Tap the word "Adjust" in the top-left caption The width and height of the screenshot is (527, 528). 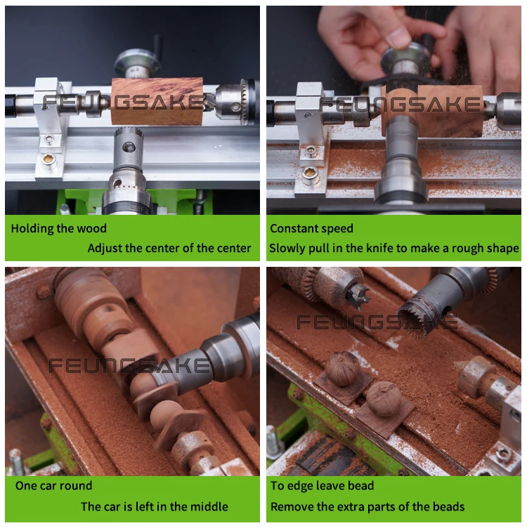point(105,249)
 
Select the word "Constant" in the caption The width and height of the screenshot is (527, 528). point(293,228)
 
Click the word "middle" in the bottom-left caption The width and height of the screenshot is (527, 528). point(211,506)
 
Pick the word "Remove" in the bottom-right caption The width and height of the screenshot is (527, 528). point(292,507)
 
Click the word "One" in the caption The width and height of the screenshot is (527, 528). point(26,486)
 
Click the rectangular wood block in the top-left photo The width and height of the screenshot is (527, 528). point(157,101)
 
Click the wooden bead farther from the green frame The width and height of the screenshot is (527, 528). point(342,369)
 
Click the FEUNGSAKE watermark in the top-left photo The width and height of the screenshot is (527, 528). point(123,103)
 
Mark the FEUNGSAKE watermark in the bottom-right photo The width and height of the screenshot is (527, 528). point(377,322)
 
